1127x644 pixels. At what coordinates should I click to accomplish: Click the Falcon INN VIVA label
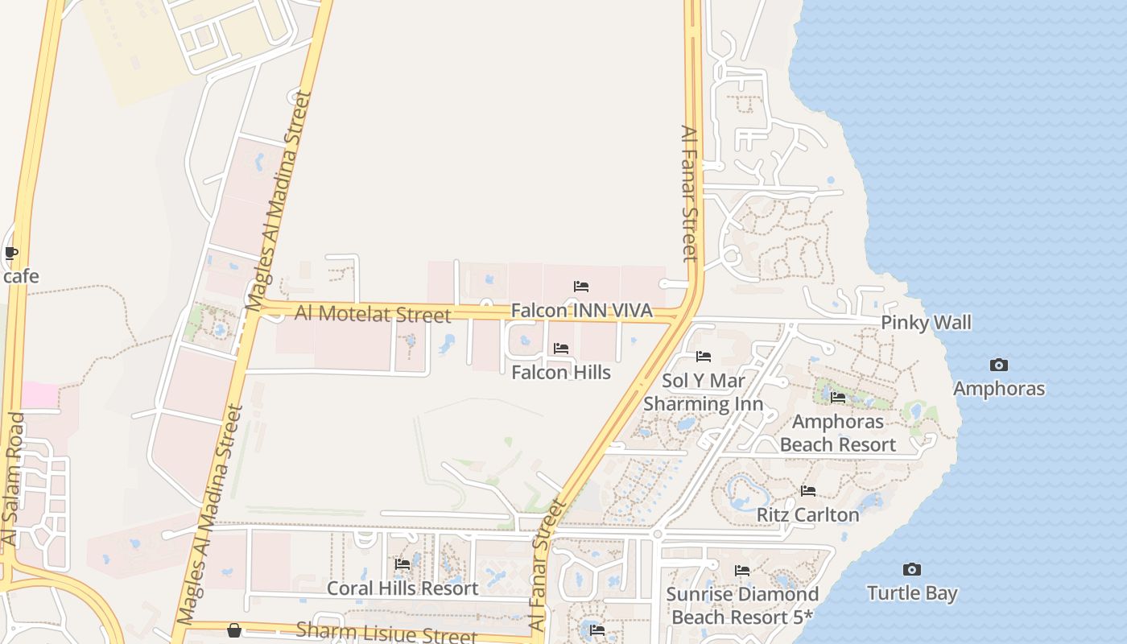[581, 310]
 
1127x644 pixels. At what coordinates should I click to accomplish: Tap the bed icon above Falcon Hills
[561, 349]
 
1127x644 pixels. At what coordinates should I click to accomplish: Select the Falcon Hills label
[561, 372]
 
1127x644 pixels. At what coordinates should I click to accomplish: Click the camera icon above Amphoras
[999, 365]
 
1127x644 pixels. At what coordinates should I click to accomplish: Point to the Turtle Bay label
[912, 593]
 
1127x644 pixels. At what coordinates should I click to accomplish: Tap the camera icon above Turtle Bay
[911, 570]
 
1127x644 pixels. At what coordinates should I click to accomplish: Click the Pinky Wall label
[926, 323]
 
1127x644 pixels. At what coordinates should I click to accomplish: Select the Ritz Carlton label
[807, 514]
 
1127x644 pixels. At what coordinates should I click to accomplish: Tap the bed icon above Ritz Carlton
[808, 491]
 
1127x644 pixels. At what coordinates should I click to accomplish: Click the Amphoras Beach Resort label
[837, 433]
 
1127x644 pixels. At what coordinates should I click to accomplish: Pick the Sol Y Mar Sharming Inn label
[704, 392]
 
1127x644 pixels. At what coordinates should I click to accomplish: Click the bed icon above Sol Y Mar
[704, 357]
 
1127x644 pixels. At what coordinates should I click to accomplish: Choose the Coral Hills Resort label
[402, 588]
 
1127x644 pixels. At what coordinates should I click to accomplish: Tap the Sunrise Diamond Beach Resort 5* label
[742, 605]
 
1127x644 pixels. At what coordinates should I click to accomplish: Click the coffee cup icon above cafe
[11, 254]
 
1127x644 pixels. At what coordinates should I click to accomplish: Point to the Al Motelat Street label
[373, 314]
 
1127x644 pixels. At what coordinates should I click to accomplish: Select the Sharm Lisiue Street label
[386, 632]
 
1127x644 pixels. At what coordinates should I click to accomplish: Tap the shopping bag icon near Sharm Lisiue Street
[233, 630]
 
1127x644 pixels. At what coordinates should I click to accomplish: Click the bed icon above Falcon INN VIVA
[581, 287]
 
